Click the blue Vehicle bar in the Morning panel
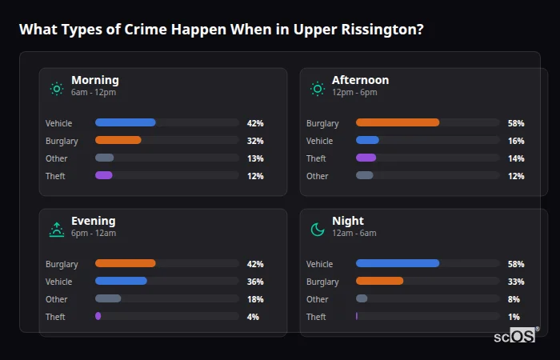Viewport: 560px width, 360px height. (125, 123)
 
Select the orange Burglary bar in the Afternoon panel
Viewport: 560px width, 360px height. (398, 123)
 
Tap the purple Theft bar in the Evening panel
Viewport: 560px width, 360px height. (98, 317)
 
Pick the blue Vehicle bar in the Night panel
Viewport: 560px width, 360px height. (398, 264)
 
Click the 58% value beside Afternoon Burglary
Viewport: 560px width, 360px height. (516, 123)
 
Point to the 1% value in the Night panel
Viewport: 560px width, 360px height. (514, 317)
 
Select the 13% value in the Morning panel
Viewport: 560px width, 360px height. (255, 158)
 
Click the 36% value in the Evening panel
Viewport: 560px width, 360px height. (255, 282)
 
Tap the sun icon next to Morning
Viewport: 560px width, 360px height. (56, 88)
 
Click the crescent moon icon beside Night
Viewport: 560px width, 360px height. (318, 230)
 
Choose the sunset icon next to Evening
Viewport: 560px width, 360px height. (56, 230)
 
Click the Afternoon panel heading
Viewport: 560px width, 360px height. (360, 80)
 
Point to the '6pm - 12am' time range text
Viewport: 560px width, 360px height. (94, 234)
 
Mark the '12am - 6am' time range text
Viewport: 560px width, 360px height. (354, 234)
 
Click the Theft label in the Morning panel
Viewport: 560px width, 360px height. (55, 176)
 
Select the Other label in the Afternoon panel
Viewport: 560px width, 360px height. (317, 176)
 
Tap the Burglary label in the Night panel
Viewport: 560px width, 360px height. (322, 282)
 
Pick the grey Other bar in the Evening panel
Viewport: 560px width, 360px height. (108, 299)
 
